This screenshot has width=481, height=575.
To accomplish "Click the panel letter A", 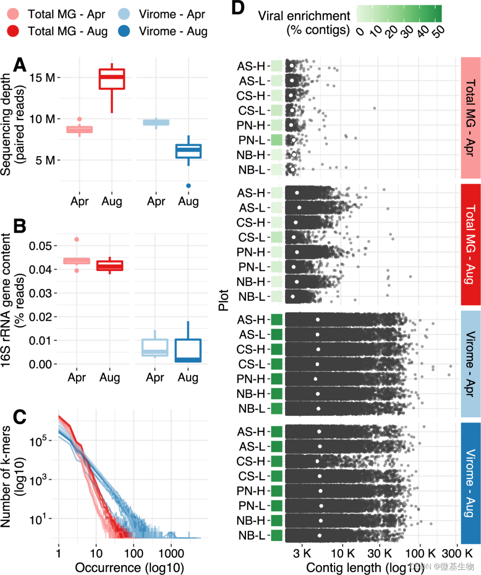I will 20,64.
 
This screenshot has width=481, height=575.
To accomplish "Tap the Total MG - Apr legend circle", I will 14,14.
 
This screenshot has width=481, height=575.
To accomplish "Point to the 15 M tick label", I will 42,77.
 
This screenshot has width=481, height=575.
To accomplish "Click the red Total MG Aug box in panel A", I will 112,79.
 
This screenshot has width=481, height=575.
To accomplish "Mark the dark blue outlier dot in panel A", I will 188,186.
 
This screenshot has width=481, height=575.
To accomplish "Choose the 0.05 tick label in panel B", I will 41,246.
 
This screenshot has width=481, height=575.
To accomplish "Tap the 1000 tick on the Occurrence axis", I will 171,553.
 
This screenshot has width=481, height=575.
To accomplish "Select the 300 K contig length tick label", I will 457,553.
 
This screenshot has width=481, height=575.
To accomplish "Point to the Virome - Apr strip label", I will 471,364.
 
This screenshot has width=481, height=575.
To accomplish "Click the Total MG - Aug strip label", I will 471,244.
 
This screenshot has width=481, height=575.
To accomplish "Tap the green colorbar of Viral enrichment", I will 399,14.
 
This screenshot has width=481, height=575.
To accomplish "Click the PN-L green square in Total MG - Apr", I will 277,140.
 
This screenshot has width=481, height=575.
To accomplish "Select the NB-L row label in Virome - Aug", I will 252,535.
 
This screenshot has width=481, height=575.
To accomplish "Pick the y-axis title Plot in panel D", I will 224,300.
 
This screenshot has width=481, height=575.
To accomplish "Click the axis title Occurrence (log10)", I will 129,567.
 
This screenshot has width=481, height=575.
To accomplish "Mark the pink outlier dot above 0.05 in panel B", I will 77,239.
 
